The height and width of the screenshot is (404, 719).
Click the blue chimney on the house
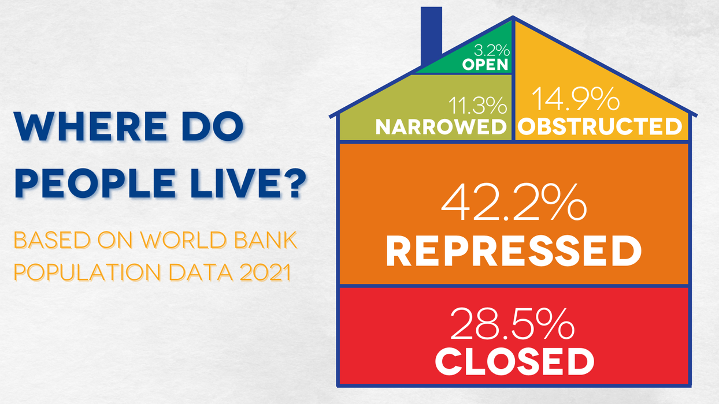point(431,35)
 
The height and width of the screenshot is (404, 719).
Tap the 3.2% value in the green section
point(492,50)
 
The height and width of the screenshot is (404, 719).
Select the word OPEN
point(485,65)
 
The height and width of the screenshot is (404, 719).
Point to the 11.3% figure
point(477,106)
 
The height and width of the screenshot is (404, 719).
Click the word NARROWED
point(441,126)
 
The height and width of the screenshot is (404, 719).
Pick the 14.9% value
point(576,99)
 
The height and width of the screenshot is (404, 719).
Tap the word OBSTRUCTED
point(599,126)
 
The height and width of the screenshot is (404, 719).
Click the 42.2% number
point(514,202)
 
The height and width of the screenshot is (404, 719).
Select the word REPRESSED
point(514,251)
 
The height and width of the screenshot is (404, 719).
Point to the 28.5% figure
point(513,324)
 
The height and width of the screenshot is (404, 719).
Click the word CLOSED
point(514,362)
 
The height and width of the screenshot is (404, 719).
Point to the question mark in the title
point(294,183)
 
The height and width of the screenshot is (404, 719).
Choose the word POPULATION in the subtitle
point(87,272)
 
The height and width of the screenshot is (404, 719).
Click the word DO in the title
point(213,126)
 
